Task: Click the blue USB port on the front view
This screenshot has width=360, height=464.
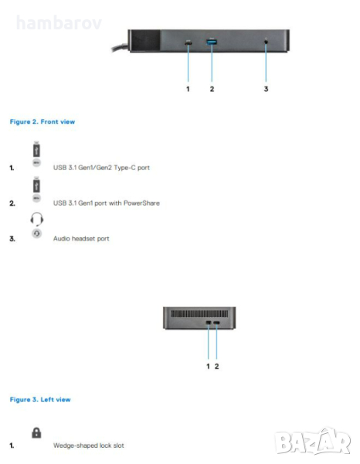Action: [212, 42]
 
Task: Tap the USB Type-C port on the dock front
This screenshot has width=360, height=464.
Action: [188, 43]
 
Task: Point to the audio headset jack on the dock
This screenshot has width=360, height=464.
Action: [266, 42]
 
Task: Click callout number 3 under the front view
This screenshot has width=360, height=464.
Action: [266, 89]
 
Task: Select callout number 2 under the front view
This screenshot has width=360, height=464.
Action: [212, 89]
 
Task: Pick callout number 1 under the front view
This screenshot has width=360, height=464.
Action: [188, 89]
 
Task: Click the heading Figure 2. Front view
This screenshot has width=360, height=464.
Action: [42, 121]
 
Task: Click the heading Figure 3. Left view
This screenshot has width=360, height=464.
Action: [40, 400]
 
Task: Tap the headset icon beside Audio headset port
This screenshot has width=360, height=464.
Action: [37, 219]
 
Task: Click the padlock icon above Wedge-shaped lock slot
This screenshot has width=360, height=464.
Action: [36, 432]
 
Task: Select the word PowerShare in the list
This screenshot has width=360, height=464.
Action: [141, 203]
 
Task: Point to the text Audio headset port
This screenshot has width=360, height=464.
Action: [81, 238]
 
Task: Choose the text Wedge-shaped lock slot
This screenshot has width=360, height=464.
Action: [89, 445]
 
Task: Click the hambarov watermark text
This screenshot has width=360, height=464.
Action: [59, 22]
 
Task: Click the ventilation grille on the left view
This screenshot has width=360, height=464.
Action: [199, 313]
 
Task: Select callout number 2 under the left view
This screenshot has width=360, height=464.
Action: [216, 367]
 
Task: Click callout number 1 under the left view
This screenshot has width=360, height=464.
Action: [208, 367]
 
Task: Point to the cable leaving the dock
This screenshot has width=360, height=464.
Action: [121, 48]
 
